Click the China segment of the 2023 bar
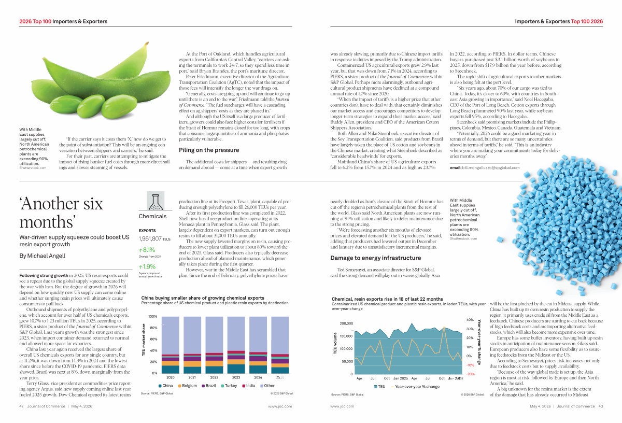(236, 369)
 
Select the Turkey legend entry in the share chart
(231, 386)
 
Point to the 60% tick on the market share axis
(153, 339)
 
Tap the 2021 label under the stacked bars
(192, 377)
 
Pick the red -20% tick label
(471, 374)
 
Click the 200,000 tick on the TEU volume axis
(345, 323)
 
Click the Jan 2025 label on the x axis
(401, 378)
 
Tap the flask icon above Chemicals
(152, 201)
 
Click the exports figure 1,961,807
(150, 239)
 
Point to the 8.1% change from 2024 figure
(148, 249)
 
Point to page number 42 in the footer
(22, 406)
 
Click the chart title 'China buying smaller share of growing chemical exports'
(203, 298)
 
